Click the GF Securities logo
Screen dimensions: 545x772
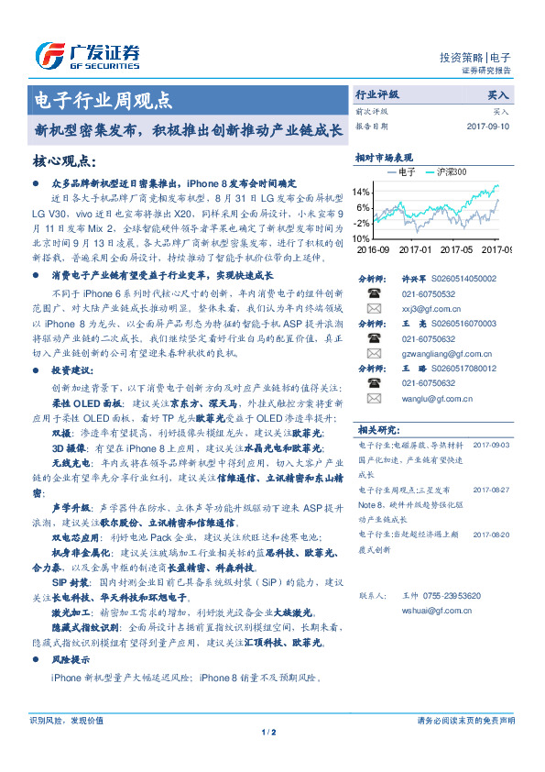pyautogui.click(x=88, y=56)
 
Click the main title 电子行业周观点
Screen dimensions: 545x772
pyautogui.click(x=103, y=100)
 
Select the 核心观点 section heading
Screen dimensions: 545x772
pyautogui.click(x=64, y=161)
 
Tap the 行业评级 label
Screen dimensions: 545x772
pyautogui.click(x=377, y=94)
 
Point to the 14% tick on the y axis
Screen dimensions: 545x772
pyautogui.click(x=362, y=193)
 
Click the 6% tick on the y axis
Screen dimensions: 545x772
pyautogui.click(x=364, y=207)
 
